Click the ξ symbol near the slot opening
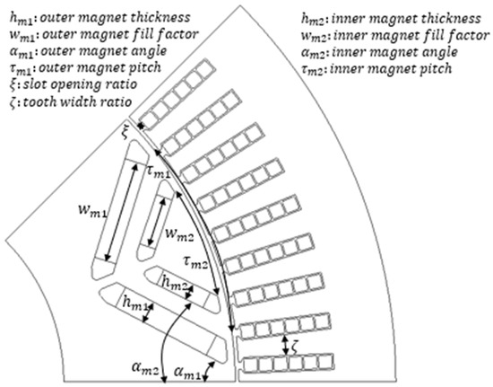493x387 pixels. pos(125,134)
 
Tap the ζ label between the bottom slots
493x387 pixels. pos(295,348)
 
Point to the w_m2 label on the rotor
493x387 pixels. pos(179,233)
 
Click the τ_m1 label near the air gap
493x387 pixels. pos(159,172)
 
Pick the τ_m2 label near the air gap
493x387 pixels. pos(195,262)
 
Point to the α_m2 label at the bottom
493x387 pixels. pos(145,368)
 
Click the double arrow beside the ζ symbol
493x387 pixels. pos(285,346)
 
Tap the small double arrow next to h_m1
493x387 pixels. pos(148,312)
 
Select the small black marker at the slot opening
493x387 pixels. pos(141,126)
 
